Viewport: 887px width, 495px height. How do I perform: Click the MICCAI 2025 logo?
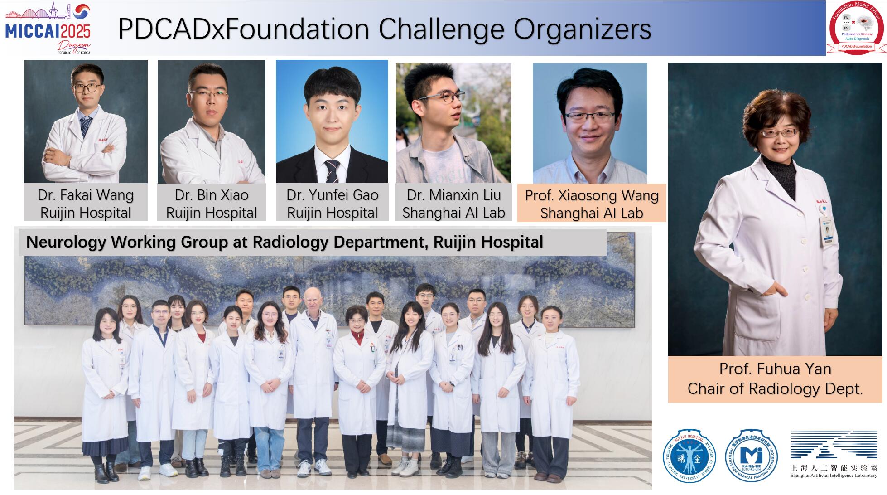(x=48, y=28)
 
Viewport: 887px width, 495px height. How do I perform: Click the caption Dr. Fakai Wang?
(x=86, y=195)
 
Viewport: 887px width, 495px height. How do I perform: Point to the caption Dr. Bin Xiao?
(x=212, y=195)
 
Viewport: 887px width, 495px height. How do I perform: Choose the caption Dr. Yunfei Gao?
(x=332, y=195)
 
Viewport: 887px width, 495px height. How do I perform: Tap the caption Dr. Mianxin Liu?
(x=453, y=195)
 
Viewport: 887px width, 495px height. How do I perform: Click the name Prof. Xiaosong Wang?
(x=592, y=195)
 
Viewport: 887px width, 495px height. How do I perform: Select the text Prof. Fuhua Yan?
(x=775, y=369)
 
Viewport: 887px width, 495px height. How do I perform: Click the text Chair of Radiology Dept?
(x=775, y=388)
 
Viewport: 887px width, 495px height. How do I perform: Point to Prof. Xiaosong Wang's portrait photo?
(x=590, y=123)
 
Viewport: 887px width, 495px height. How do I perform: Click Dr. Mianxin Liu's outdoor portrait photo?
(x=453, y=123)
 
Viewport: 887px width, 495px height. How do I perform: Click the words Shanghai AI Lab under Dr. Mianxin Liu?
(x=453, y=213)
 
